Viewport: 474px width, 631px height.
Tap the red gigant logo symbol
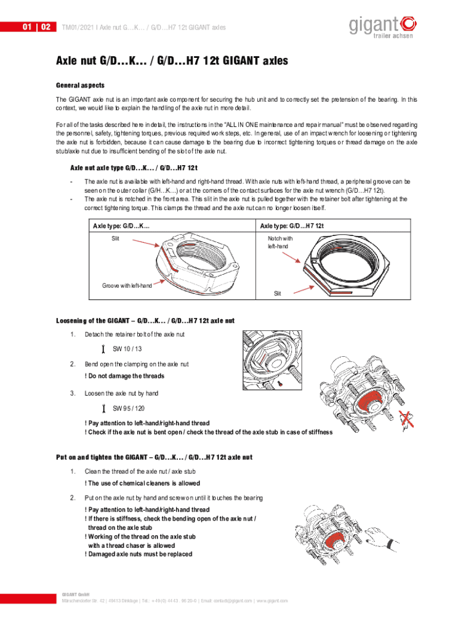(408, 24)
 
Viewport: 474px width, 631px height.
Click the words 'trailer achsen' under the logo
(393, 36)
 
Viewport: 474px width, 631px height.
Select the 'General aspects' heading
(80, 85)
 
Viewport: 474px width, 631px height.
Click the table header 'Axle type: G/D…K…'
(121, 226)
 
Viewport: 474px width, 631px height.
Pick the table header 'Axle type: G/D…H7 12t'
(292, 226)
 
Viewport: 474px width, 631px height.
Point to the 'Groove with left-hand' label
(127, 286)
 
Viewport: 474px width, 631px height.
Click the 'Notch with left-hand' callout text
(279, 242)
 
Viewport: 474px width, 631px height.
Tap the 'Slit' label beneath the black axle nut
(278, 294)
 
